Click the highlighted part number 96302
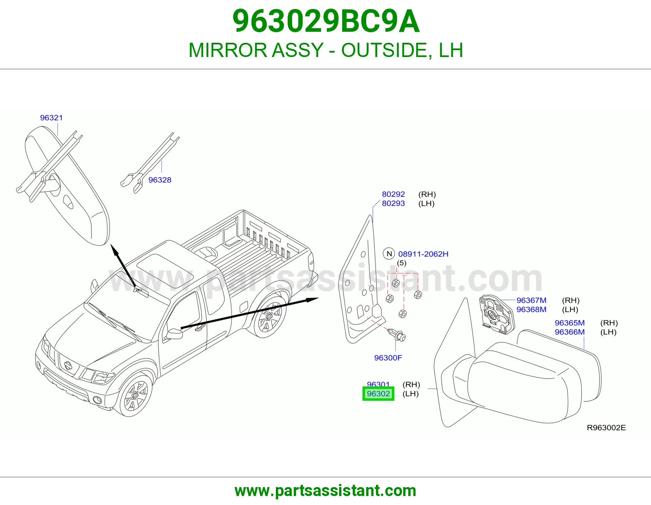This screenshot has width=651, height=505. [378, 393]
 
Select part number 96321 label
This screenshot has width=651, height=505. [52, 118]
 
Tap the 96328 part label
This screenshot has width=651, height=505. [160, 180]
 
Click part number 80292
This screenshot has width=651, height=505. [393, 194]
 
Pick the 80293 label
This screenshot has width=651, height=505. [393, 203]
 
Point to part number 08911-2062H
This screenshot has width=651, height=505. [423, 254]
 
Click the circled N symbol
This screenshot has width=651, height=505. [389, 254]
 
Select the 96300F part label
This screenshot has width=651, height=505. [388, 358]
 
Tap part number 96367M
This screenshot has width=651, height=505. [531, 300]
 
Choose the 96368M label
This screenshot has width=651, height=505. [531, 309]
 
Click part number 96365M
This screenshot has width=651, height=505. [570, 323]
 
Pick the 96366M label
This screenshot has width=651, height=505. [570, 332]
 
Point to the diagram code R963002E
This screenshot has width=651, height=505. [606, 428]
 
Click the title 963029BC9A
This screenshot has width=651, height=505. [326, 21]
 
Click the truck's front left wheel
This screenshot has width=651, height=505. [135, 395]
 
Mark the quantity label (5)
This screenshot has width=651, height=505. [402, 263]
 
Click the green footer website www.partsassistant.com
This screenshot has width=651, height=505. [325, 491]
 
